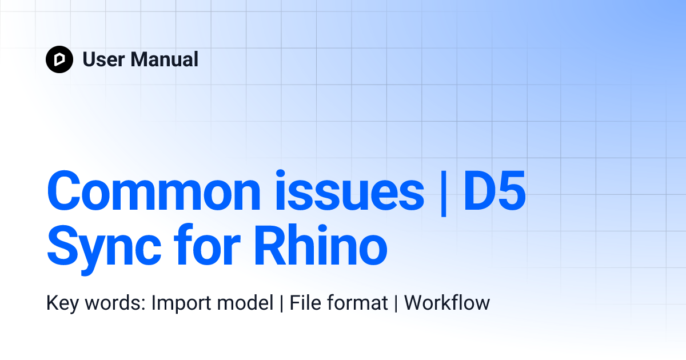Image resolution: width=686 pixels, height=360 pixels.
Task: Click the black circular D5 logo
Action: pyautogui.click(x=59, y=59)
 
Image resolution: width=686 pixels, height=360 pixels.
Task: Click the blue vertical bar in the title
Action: pyautogui.click(x=444, y=191)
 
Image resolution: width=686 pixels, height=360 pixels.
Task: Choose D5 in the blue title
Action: pyautogui.click(x=494, y=190)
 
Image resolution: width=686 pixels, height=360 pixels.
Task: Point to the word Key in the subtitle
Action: pyautogui.click(x=62, y=303)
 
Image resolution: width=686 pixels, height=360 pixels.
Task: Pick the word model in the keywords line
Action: pyautogui.click(x=247, y=303)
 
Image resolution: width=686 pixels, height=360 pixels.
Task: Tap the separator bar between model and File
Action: pyautogui.click(x=281, y=303)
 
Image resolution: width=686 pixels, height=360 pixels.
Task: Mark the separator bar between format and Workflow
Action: pyautogui.click(x=396, y=303)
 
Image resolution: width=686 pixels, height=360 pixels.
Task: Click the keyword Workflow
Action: pyautogui.click(x=447, y=303)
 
